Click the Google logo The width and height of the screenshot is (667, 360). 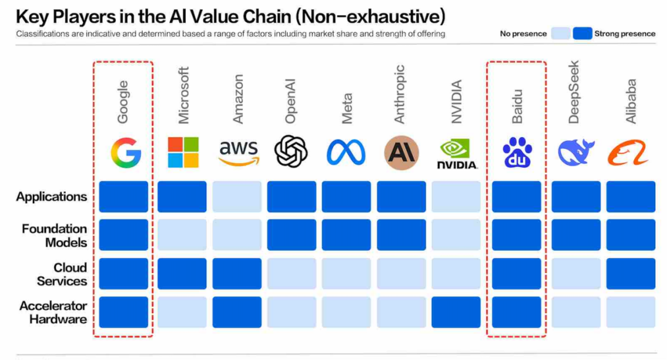[x=126, y=153]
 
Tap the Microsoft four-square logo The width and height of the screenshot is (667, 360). [x=183, y=153]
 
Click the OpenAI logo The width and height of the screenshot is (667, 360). [x=292, y=151]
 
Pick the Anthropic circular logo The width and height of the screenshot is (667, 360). [x=401, y=152]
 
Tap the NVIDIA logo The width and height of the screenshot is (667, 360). [x=456, y=154]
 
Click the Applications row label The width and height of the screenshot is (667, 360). [x=51, y=197]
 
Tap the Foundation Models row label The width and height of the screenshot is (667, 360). [x=54, y=235]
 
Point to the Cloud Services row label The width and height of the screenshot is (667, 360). [x=62, y=274]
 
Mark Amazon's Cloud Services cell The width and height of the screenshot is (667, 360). [x=237, y=274]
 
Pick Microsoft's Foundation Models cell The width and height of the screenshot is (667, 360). [x=182, y=235]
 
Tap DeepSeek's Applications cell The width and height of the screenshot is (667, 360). [x=576, y=196]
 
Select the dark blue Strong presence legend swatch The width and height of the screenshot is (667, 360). [x=582, y=33]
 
